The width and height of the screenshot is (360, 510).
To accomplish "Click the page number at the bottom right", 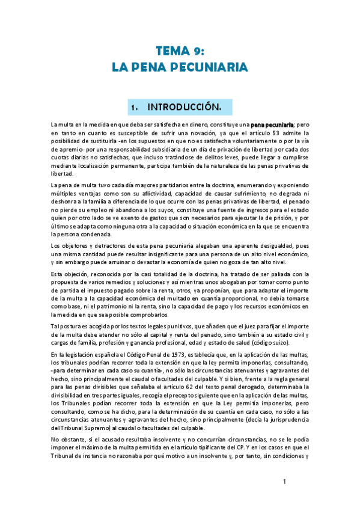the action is click(285, 482).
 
